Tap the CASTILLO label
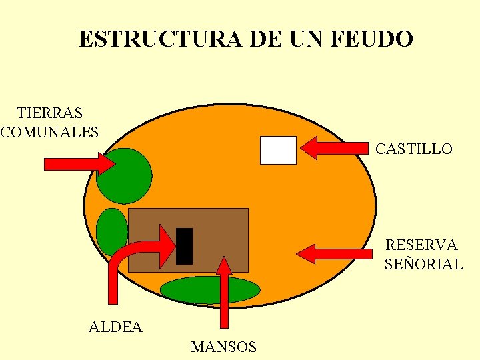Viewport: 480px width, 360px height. [413, 149]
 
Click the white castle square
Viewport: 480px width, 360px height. [277, 149]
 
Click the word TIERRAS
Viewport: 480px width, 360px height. [50, 113]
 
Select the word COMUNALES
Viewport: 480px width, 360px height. [50, 131]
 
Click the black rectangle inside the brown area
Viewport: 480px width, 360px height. [184, 246]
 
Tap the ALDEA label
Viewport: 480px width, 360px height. [115, 327]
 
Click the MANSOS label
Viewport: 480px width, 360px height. [223, 347]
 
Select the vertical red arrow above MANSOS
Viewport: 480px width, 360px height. [224, 293]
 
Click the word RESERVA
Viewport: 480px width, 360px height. [421, 245]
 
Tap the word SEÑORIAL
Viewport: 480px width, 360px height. [423, 264]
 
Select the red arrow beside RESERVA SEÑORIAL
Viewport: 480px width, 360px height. [333, 253]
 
